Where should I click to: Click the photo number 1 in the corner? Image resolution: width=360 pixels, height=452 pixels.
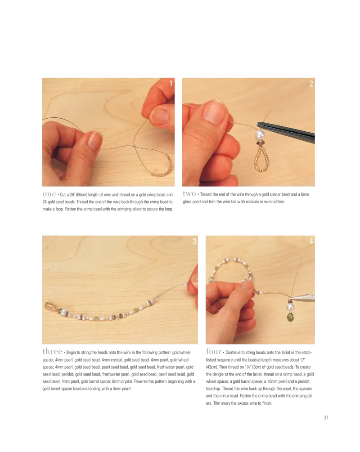click(171, 83)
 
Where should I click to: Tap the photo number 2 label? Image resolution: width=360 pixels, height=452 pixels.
click(311, 84)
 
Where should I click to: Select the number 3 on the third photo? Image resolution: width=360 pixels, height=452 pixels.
click(194, 241)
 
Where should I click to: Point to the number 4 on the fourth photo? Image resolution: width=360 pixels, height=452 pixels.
click(311, 241)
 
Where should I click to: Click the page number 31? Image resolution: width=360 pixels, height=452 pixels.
click(326, 417)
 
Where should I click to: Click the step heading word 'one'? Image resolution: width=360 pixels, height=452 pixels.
click(49, 194)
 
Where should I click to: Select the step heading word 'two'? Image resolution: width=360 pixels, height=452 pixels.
click(189, 194)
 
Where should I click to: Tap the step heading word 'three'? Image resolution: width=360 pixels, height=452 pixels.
click(52, 351)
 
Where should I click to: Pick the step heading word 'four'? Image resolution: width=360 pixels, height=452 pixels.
click(214, 351)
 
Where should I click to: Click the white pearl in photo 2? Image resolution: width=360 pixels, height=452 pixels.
click(260, 135)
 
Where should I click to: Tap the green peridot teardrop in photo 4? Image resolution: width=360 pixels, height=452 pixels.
click(290, 317)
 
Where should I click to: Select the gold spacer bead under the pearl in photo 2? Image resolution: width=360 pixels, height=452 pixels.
click(260, 143)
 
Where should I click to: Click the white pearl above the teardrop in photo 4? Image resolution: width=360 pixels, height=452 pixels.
click(290, 307)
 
